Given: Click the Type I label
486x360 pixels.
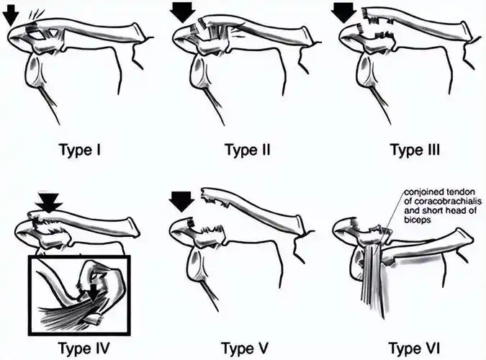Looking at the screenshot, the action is coord(80,150).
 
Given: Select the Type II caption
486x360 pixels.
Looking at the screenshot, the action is coord(248,150).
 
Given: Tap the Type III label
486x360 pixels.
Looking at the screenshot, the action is coord(415,150).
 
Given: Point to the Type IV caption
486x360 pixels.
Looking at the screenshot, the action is coord(84,348).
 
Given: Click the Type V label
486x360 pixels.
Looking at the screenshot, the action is coord(245,348).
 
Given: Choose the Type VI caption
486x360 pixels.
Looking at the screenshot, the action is coord(414,348).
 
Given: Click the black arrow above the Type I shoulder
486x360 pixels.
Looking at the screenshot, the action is coord(11,14).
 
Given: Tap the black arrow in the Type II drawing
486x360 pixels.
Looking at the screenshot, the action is coord(183,12).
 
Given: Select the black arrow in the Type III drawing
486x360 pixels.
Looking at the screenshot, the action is coord(343,12).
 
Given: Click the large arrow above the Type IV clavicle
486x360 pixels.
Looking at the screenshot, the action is coord(49,203).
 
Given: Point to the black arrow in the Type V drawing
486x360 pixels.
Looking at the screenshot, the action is coord(183,202).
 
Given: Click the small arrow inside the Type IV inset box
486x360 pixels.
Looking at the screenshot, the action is coord(93,292).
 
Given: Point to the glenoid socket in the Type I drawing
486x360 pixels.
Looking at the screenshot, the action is coord(32,70).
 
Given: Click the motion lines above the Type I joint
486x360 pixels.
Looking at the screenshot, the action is coord(37,14).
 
